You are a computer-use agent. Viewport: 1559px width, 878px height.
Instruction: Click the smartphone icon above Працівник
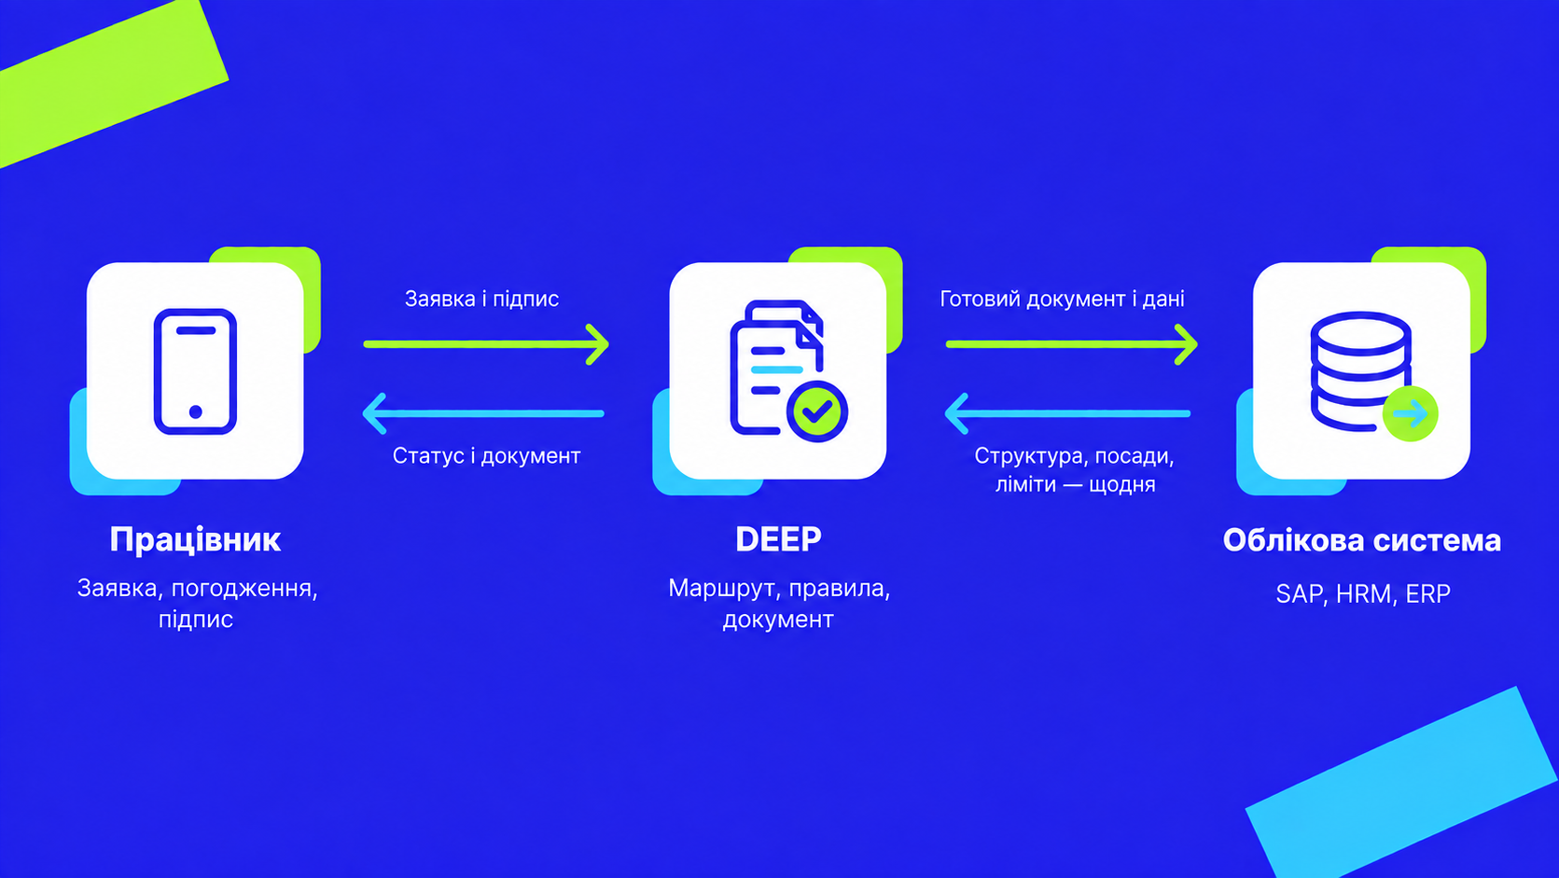[196, 371]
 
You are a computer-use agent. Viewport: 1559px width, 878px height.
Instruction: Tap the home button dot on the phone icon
[196, 411]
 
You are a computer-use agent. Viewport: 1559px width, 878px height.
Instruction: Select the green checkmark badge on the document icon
[817, 411]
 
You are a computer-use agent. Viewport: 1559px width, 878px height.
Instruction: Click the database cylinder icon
[1360, 371]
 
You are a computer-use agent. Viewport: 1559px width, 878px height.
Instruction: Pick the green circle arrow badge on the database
[1410, 414]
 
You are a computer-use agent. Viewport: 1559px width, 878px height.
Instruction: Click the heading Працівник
[196, 540]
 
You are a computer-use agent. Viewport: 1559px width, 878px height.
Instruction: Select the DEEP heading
[778, 539]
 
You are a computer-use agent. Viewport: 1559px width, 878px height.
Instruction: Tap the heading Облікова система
[1362, 540]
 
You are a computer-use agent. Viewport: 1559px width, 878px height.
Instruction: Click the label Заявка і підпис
[481, 300]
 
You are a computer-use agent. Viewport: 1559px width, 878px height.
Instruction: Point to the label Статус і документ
[486, 456]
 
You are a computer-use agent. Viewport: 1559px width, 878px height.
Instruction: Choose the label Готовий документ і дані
[1062, 300]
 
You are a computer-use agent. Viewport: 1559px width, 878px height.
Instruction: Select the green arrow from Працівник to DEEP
[486, 344]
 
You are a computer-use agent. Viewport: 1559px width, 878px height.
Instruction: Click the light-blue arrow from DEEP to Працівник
[483, 413]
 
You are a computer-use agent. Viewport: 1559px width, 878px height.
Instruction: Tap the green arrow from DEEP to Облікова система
[1072, 344]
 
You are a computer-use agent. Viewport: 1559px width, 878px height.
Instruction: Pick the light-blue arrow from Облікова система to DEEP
[1067, 413]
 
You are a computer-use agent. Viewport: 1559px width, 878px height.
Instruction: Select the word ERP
[1428, 594]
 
